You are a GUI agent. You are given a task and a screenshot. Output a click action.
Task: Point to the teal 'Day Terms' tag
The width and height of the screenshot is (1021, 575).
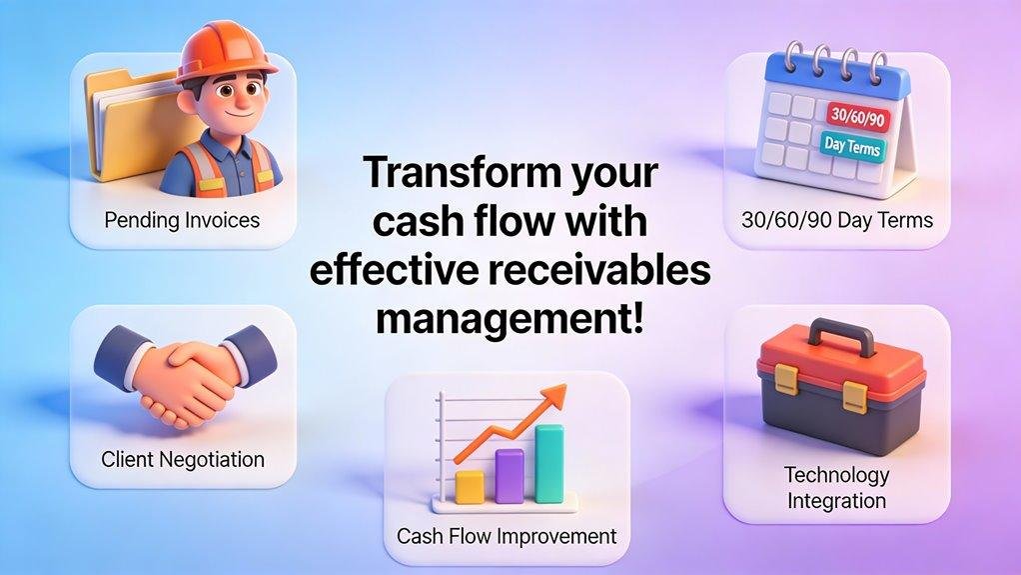tap(851, 147)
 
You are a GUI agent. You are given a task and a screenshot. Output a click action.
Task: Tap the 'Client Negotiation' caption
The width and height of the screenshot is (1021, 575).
tap(183, 460)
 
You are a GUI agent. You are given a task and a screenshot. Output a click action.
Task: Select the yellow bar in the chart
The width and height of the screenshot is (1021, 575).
tap(469, 486)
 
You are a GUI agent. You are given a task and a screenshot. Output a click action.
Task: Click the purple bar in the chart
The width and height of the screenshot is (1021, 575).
tap(510, 475)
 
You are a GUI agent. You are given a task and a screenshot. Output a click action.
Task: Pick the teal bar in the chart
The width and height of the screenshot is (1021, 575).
tap(549, 463)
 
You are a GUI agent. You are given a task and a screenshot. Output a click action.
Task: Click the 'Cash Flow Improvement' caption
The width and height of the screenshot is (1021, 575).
tap(507, 535)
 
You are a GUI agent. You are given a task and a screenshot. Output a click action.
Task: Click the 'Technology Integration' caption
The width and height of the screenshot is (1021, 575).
tap(836, 487)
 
